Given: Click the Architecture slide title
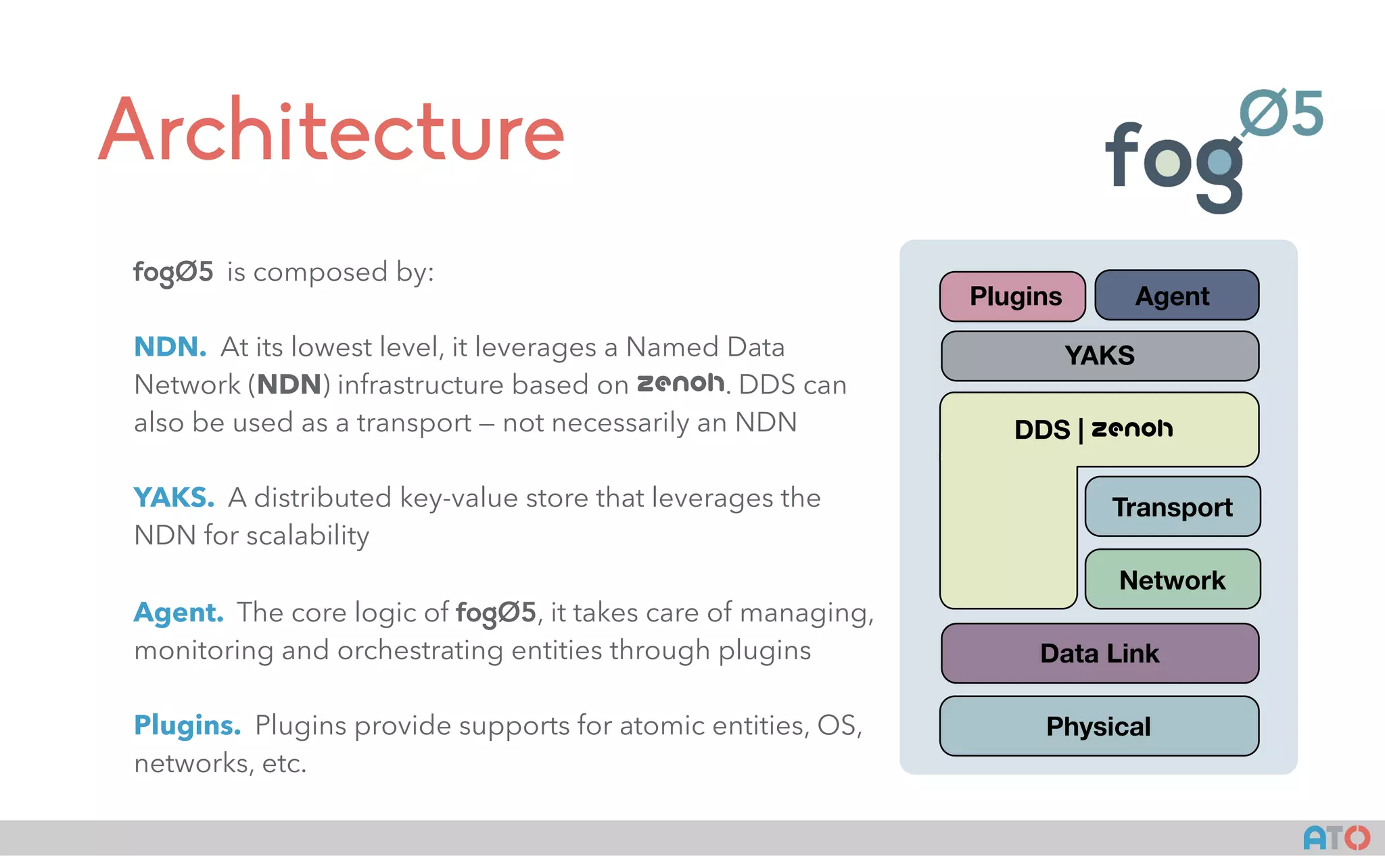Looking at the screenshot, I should tap(331, 130).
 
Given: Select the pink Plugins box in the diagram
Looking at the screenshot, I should tap(1012, 296).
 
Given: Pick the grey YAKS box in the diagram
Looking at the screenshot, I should tap(1100, 356).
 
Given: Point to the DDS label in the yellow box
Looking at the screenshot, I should tap(1042, 430).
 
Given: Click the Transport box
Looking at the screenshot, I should tap(1172, 507).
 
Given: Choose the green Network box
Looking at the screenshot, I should tap(1172, 579).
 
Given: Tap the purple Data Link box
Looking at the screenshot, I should tap(1100, 653).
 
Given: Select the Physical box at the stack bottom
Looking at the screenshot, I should tap(1098, 726).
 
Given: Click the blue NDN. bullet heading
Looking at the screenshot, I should tap(170, 347).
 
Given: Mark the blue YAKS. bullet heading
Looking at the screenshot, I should tap(174, 498).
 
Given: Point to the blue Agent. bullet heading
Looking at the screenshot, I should tap(178, 613).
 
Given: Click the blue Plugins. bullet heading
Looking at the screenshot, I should tap(187, 726).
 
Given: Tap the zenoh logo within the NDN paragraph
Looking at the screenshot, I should tap(680, 383).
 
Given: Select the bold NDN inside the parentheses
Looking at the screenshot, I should tap(289, 385).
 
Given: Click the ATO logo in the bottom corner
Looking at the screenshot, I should tap(1336, 838).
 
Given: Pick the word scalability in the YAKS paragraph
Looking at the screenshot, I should tap(308, 536).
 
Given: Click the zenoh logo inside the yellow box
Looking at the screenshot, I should tap(1132, 429).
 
